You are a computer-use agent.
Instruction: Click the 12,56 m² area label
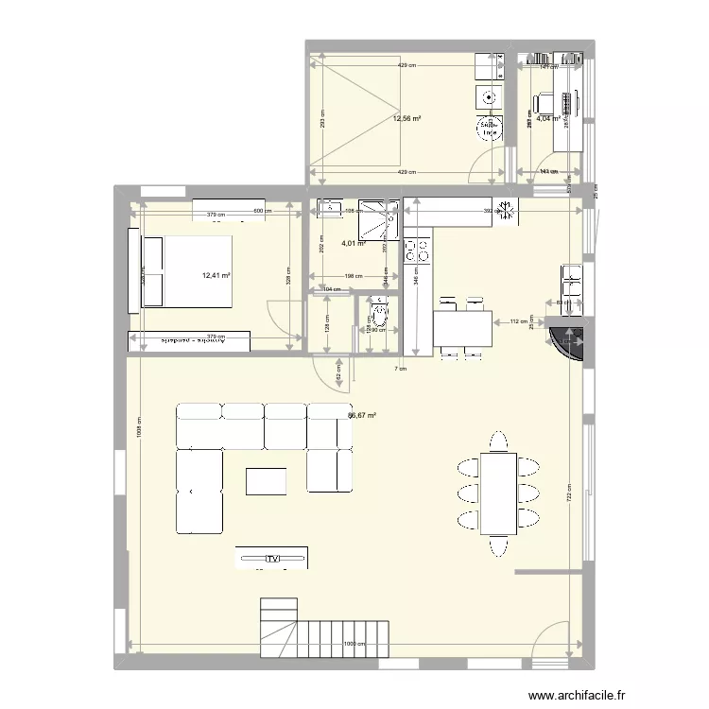click(406, 119)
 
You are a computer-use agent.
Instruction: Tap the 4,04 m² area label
click(547, 119)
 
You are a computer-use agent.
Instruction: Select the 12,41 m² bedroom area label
click(216, 276)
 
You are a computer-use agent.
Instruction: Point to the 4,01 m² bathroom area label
click(354, 243)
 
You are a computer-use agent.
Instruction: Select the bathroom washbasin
click(332, 206)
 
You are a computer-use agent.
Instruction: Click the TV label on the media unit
click(273, 559)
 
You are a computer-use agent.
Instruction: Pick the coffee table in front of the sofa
click(266, 481)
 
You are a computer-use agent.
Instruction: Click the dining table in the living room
click(497, 493)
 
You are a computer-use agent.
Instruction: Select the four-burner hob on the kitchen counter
click(417, 251)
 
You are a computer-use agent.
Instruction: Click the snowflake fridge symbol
click(505, 210)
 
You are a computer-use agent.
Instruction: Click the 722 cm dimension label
click(568, 497)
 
